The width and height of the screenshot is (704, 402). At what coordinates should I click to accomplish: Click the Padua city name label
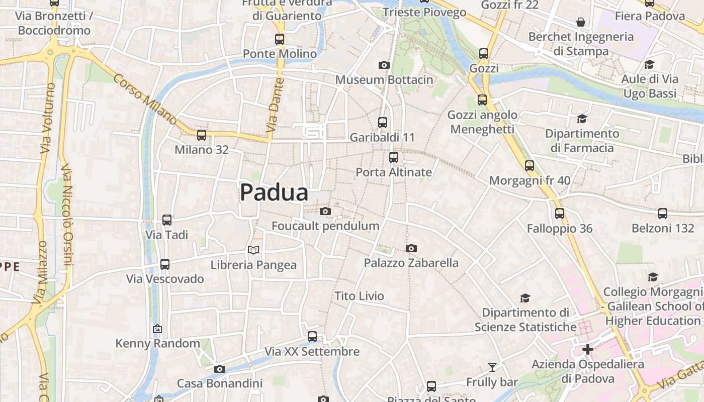click(x=274, y=192)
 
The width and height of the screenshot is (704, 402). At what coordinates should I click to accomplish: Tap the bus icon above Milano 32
click(x=202, y=135)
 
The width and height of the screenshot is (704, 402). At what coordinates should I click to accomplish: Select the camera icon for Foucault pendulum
click(x=325, y=211)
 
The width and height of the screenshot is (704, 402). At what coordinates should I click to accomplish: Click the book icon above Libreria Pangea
click(x=253, y=250)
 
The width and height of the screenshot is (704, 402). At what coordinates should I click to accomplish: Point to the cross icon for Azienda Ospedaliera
click(x=587, y=349)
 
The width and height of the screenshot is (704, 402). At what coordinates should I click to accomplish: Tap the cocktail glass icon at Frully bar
click(x=492, y=367)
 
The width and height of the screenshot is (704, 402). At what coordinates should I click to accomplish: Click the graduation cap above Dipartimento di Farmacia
click(x=582, y=119)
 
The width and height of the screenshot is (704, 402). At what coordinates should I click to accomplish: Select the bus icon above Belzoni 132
click(x=663, y=214)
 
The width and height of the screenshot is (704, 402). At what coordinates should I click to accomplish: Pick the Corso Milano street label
click(x=145, y=99)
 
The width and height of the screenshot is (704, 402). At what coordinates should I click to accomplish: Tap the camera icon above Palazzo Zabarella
click(x=411, y=248)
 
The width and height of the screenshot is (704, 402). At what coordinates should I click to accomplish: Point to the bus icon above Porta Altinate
click(x=394, y=157)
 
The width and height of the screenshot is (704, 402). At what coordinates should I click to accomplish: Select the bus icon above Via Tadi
click(x=167, y=220)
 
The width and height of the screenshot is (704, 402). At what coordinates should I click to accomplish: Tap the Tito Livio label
click(x=359, y=296)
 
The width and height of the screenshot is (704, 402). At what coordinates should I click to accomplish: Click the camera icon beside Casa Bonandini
click(x=219, y=369)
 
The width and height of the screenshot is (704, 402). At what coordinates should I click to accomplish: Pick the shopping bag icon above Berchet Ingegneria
click(x=581, y=22)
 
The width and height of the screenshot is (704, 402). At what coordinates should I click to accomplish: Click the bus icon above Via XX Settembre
click(x=312, y=337)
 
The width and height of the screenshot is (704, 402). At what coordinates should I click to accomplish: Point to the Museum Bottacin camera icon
click(x=384, y=65)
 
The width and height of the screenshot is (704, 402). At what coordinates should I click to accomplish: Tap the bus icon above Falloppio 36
click(x=560, y=214)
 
